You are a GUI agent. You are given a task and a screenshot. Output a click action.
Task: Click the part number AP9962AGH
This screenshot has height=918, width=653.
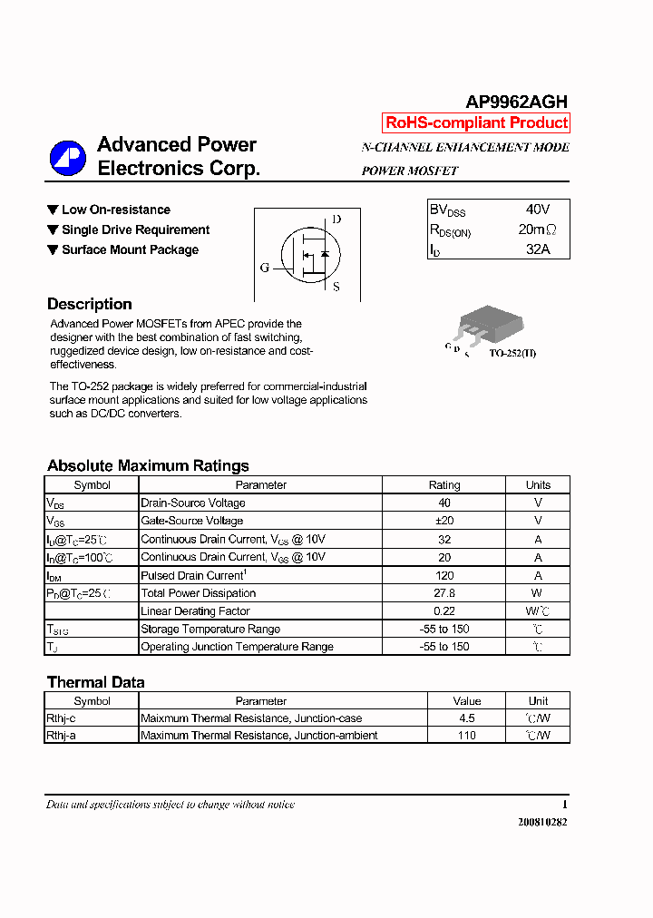coord(516,103)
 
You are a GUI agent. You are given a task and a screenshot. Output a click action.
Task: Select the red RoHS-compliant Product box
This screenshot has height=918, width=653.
coord(476,123)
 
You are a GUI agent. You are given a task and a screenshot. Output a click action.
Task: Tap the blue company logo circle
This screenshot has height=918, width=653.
coord(67,158)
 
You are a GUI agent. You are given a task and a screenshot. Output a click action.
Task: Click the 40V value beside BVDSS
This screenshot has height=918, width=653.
coord(538,210)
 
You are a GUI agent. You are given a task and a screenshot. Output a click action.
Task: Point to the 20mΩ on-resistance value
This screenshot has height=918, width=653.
coord(538,229)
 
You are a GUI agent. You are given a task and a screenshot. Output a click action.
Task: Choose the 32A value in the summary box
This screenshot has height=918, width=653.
coord(538,249)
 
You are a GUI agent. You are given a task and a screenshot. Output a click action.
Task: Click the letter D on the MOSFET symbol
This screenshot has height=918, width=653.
coord(336,219)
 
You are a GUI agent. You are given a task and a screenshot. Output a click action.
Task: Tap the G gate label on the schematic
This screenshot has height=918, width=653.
coord(265,268)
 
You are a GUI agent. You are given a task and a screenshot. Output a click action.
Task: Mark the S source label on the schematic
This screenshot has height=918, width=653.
coord(336,288)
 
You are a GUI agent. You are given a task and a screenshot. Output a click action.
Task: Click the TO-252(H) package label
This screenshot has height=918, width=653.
coord(512,353)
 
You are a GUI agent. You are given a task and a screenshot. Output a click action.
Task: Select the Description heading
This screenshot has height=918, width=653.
coord(90,305)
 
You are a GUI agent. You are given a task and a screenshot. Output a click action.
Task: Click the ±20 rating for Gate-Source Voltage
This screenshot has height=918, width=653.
coord(444,521)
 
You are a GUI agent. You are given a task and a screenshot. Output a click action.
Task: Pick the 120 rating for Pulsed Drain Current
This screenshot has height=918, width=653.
coord(444,575)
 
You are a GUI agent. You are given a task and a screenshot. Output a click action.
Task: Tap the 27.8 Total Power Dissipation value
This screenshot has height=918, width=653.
coord(444,593)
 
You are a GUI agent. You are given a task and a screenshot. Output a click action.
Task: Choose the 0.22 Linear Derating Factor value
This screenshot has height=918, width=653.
coord(444,611)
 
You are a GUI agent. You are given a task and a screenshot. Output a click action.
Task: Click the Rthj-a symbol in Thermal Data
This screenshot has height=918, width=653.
coord(62,736)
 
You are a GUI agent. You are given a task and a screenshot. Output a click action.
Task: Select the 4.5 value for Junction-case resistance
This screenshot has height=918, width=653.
coord(466,718)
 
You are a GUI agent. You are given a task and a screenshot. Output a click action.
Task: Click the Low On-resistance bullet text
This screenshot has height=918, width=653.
coord(115,210)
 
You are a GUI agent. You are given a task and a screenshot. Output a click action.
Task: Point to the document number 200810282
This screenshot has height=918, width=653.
coord(542,823)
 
